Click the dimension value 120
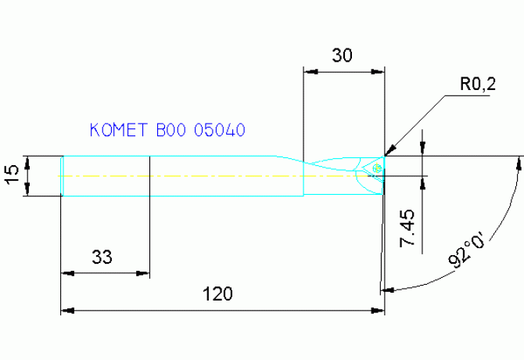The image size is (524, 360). click(218, 294)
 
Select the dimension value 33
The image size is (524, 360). click(102, 257)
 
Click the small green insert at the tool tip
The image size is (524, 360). click(379, 167)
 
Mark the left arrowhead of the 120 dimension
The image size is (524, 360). click(66, 311)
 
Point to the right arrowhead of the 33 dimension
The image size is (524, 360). click(144, 274)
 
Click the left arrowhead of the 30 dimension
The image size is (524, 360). click(308, 71)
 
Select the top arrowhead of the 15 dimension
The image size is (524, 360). click(27, 161)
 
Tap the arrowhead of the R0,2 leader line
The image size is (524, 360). click(389, 151)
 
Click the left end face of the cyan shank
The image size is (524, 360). click(63, 175)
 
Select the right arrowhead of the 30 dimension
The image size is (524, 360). click(380, 71)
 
